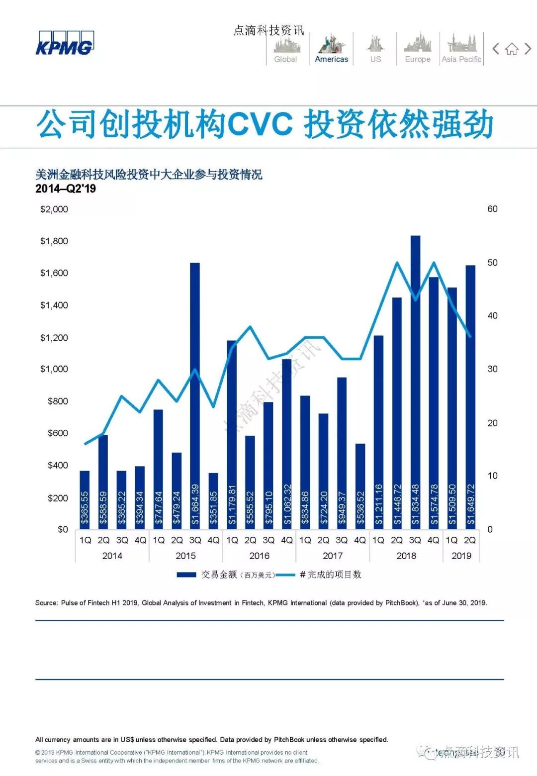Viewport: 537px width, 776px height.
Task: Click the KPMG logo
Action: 65,44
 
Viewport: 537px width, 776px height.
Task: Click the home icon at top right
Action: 512,49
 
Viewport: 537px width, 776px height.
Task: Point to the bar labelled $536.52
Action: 360,485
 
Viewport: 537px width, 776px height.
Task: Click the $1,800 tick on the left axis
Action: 54,241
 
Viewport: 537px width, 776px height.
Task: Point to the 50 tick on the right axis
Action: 492,263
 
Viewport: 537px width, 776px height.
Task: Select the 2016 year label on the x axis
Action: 259,556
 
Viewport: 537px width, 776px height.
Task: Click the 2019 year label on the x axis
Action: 461,556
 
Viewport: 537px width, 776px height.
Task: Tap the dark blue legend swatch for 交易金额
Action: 186,575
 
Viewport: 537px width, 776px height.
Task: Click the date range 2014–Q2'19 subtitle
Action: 66,189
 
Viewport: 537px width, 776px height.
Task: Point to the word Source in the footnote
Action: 46,603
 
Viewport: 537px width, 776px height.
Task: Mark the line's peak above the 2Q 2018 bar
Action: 397,262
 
